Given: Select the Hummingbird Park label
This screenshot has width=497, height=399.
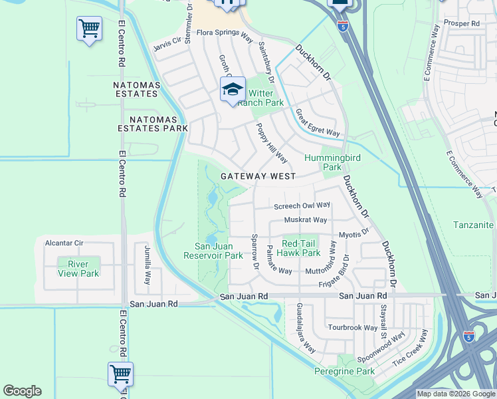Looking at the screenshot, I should point(323,162).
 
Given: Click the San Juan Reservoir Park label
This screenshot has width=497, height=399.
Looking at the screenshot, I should point(214,250).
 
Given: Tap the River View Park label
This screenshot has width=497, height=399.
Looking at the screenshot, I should point(78,269).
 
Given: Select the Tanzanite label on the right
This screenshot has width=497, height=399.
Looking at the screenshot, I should point(473,225).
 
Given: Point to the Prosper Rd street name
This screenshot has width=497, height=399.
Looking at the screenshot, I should point(461,23).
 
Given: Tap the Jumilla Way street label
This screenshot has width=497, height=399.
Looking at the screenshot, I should point(148,265).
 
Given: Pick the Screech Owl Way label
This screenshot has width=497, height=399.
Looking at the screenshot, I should point(302,205).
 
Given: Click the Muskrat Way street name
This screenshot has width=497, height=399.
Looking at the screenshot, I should point(305,219).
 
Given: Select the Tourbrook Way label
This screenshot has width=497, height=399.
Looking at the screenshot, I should point(352,328).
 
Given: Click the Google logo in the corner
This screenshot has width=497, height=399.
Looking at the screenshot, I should point(22,391).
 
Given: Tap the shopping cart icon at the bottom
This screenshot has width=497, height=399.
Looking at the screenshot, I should point(120,374).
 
